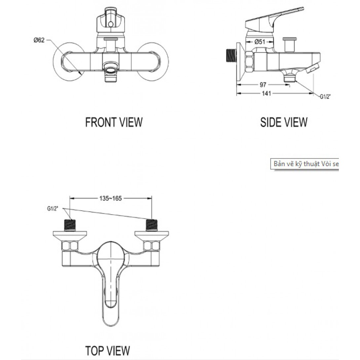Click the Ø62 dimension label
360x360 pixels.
point(39,40)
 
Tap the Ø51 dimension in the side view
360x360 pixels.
point(260,42)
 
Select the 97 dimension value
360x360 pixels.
point(263,85)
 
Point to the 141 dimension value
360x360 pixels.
point(266,93)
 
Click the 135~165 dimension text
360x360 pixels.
point(110,198)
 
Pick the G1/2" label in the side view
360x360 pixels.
point(325,97)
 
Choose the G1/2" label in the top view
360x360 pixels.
point(53,208)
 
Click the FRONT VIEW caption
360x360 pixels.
point(114,122)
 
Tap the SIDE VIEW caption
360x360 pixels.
point(284,122)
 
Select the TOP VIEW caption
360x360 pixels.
point(107,350)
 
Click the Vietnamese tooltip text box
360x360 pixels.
point(305,164)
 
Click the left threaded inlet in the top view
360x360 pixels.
point(70,225)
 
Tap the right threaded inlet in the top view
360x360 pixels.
point(152,225)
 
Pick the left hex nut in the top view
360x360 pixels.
point(70,246)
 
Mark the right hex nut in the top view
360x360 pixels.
point(151,246)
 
